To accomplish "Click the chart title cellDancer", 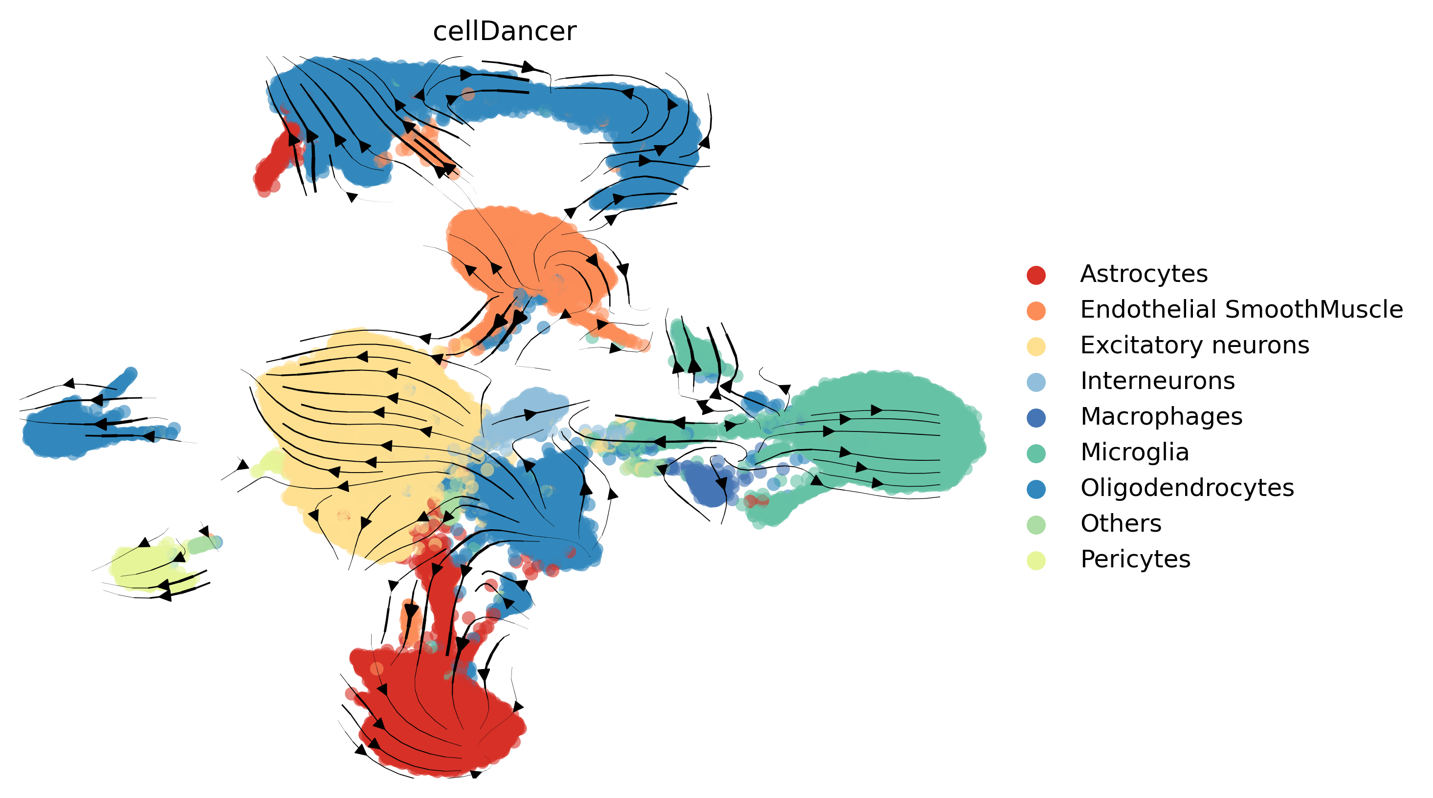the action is click(x=505, y=31).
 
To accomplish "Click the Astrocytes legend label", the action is click(x=1144, y=274).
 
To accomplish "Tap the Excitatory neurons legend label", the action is click(x=1195, y=345).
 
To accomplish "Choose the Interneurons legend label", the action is click(x=1158, y=381).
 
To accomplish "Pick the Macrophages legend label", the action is click(x=1162, y=416).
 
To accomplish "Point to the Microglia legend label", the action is click(x=1135, y=452).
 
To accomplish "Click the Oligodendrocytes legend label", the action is click(x=1187, y=488).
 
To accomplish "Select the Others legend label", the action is click(x=1121, y=523).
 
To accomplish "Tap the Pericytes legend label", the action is click(x=1135, y=559).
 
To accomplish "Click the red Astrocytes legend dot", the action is click(x=1036, y=275).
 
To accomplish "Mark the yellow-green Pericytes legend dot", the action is click(x=1036, y=560).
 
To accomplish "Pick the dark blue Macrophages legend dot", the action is click(x=1036, y=418).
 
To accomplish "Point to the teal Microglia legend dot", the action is click(x=1036, y=453).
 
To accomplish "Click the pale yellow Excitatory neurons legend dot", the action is click(x=1036, y=346).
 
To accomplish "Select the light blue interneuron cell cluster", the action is click(x=526, y=414).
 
